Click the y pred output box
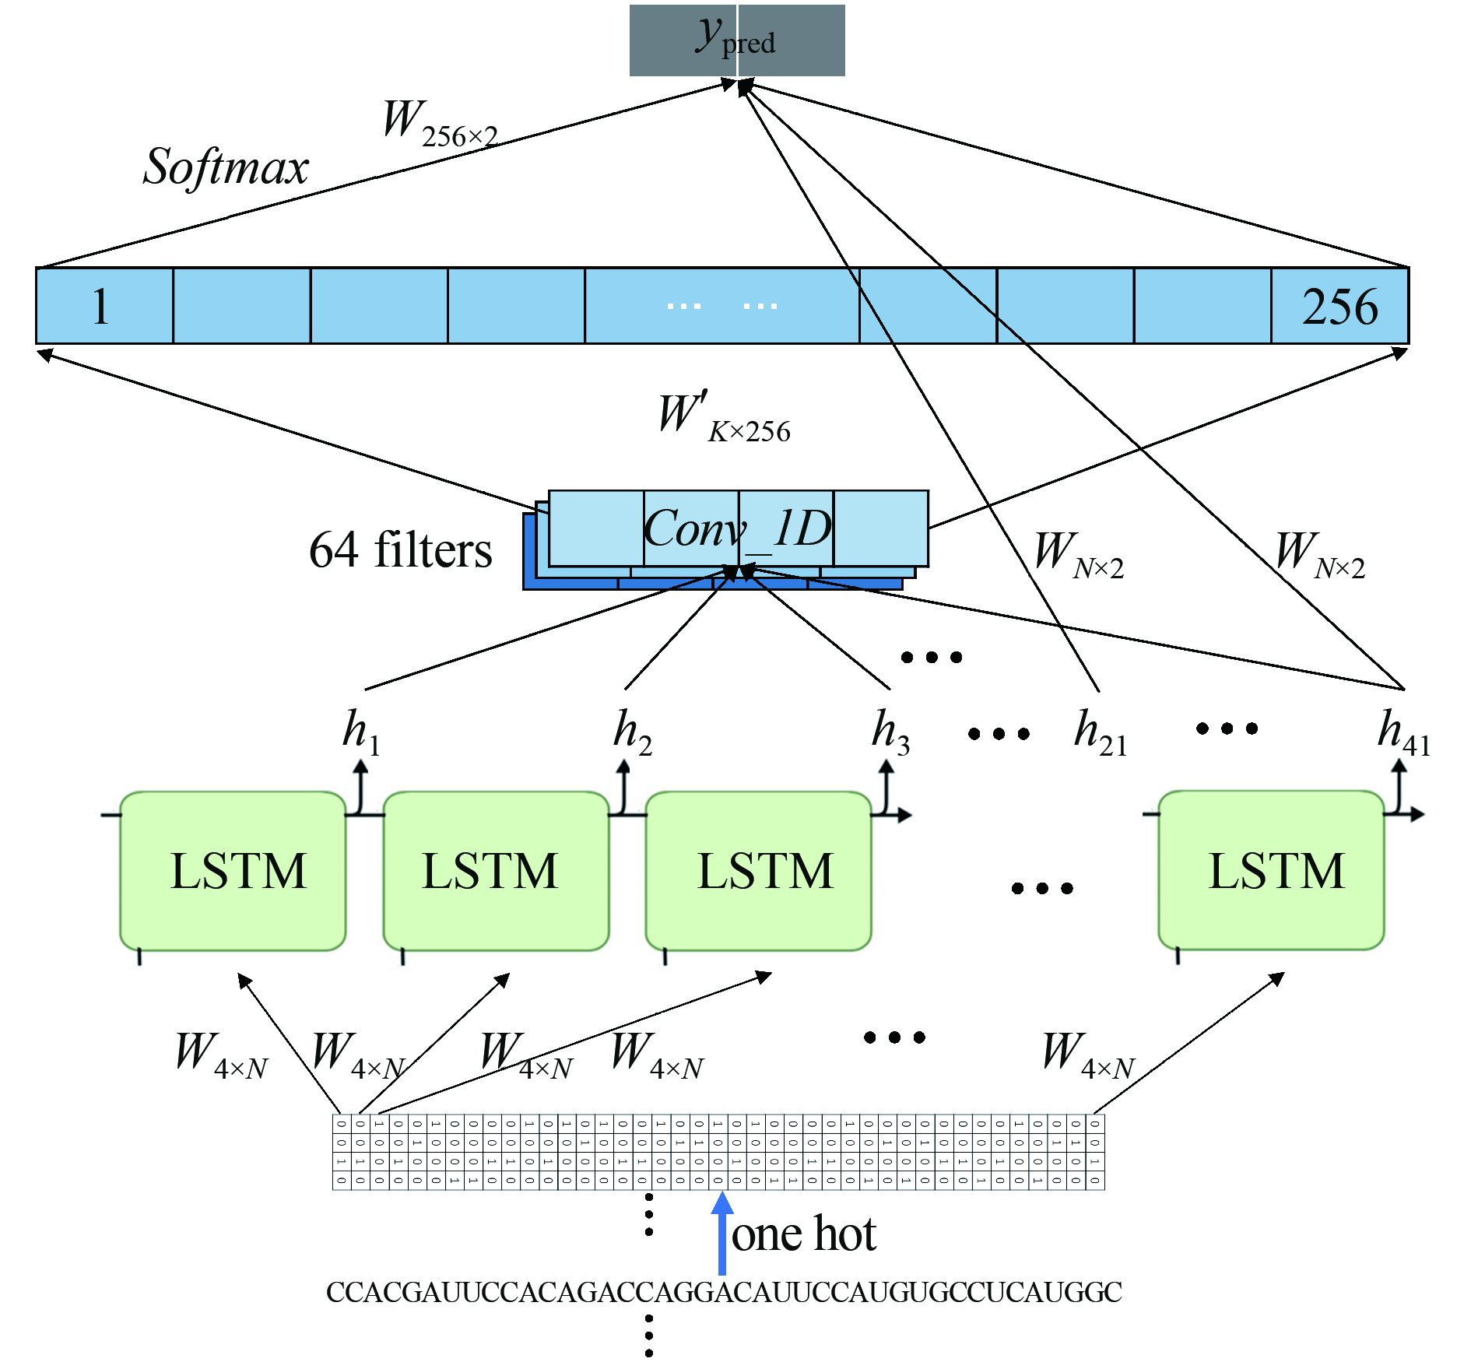click(736, 40)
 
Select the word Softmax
click(226, 167)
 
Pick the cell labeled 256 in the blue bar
click(1339, 306)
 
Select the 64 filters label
click(400, 550)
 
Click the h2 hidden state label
click(633, 732)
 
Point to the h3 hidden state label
click(890, 732)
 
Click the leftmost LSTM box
click(233, 871)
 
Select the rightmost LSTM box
click(1271, 870)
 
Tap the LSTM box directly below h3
click(759, 871)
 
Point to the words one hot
click(804, 1234)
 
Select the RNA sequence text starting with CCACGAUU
click(724, 1293)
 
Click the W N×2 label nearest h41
click(1320, 554)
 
